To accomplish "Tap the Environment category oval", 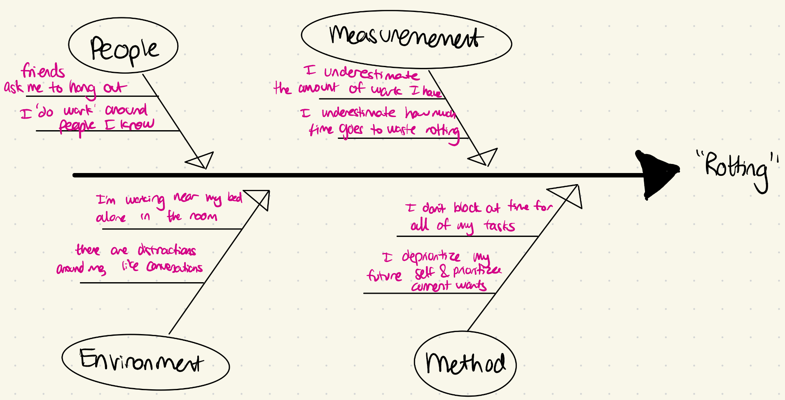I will click(x=145, y=362).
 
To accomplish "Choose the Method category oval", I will click(x=465, y=363).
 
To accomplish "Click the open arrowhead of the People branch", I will click(x=201, y=160).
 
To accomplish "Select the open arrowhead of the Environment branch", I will click(x=259, y=199).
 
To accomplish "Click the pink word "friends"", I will click(x=43, y=71).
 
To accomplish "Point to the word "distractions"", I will click(x=167, y=250).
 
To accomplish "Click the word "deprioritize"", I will click(x=431, y=257).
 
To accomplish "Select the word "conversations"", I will click(x=175, y=267).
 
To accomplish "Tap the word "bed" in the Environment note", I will click(x=235, y=197).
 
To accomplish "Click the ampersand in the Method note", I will click(x=444, y=271).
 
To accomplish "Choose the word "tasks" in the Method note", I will click(x=500, y=226).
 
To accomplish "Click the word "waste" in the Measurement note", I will click(x=402, y=130).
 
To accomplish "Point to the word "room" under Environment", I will click(x=203, y=216).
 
